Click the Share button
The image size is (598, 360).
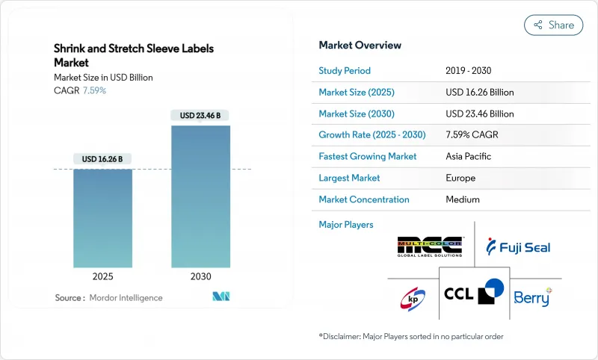click(554, 25)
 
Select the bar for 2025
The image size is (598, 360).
click(102, 217)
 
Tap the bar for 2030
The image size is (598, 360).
click(200, 196)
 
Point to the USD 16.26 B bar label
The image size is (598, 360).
click(102, 159)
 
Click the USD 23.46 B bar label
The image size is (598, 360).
click(200, 115)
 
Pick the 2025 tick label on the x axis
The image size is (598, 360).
click(102, 276)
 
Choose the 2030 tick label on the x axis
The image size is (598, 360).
click(200, 276)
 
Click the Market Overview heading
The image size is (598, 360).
click(360, 45)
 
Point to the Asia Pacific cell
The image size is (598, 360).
click(469, 157)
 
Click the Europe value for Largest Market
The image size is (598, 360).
click(460, 178)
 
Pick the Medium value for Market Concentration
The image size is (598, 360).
click(462, 199)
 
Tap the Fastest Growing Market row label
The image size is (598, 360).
click(368, 157)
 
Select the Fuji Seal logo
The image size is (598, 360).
click(518, 246)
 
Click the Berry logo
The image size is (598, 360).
click(531, 297)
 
